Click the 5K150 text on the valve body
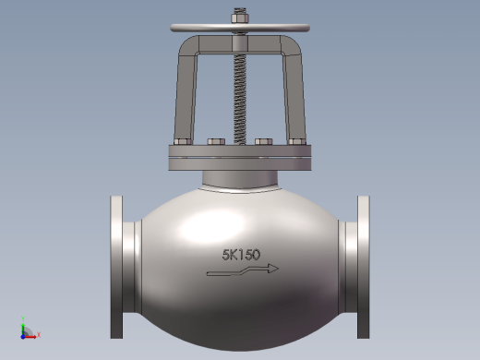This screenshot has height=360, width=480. click(241, 255)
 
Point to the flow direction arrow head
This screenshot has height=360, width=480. click(273, 269)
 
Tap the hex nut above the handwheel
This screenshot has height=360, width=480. click(240, 18)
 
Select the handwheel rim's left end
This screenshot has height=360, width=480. click(173, 28)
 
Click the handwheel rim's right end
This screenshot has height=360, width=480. click(307, 28)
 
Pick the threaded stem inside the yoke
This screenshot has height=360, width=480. click(240, 99)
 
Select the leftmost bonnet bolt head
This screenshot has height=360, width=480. click(183, 142)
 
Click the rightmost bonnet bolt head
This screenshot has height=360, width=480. click(297, 142)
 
